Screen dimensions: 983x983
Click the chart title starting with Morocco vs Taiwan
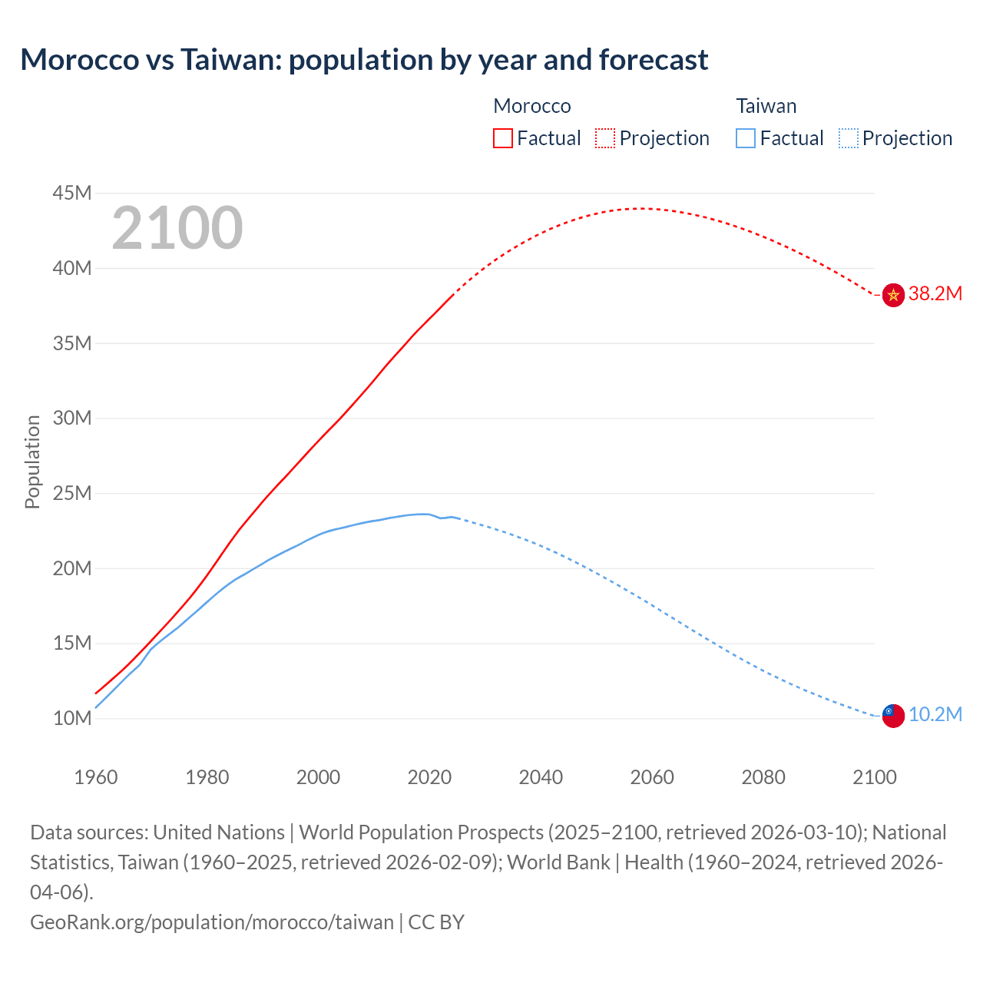click(364, 60)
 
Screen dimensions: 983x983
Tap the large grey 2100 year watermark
click(177, 228)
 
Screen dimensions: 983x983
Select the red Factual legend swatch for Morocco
click(502, 138)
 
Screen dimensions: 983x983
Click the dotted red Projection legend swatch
click(605, 138)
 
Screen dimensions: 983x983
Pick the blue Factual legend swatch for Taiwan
click(746, 138)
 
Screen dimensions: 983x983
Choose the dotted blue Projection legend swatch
click(849, 138)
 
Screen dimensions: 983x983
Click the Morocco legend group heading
click(532, 106)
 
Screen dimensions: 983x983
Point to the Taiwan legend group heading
click(766, 106)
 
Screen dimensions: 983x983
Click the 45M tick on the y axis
click(72, 193)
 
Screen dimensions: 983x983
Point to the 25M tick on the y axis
click(72, 493)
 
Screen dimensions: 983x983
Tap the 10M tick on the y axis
click(72, 718)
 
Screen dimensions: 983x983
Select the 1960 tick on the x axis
click(96, 777)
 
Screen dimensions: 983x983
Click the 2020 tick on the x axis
click(429, 777)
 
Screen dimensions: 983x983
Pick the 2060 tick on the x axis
click(652, 777)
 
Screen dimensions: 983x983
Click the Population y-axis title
click(32, 462)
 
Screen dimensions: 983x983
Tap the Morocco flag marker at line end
click(893, 294)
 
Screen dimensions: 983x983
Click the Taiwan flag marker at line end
click(893, 715)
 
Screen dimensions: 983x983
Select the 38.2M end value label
click(935, 294)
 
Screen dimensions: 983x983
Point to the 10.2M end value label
click(935, 715)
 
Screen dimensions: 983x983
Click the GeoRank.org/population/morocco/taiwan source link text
click(212, 922)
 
